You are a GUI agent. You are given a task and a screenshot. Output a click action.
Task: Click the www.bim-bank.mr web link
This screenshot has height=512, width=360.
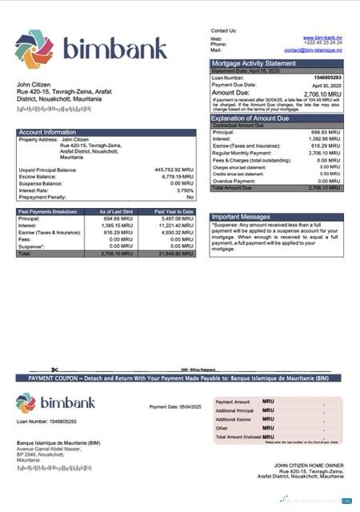[x=322, y=38]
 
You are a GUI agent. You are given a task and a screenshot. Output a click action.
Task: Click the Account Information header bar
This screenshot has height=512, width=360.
[x=106, y=131]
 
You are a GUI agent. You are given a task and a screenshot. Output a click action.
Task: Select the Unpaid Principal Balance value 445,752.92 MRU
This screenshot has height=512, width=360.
[x=174, y=170]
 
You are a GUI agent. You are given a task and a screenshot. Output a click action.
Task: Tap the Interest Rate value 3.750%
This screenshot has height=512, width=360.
[x=184, y=190]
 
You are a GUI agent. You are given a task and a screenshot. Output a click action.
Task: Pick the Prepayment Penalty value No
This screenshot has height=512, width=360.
[x=190, y=197]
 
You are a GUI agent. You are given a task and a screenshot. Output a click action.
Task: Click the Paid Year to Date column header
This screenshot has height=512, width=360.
[x=174, y=211]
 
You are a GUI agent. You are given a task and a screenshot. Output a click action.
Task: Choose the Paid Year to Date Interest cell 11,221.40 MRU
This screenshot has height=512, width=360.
[x=177, y=225]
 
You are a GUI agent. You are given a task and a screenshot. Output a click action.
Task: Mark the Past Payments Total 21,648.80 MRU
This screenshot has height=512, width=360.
[x=176, y=253]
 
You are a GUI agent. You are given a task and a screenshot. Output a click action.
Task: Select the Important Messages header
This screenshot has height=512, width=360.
[x=241, y=217]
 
